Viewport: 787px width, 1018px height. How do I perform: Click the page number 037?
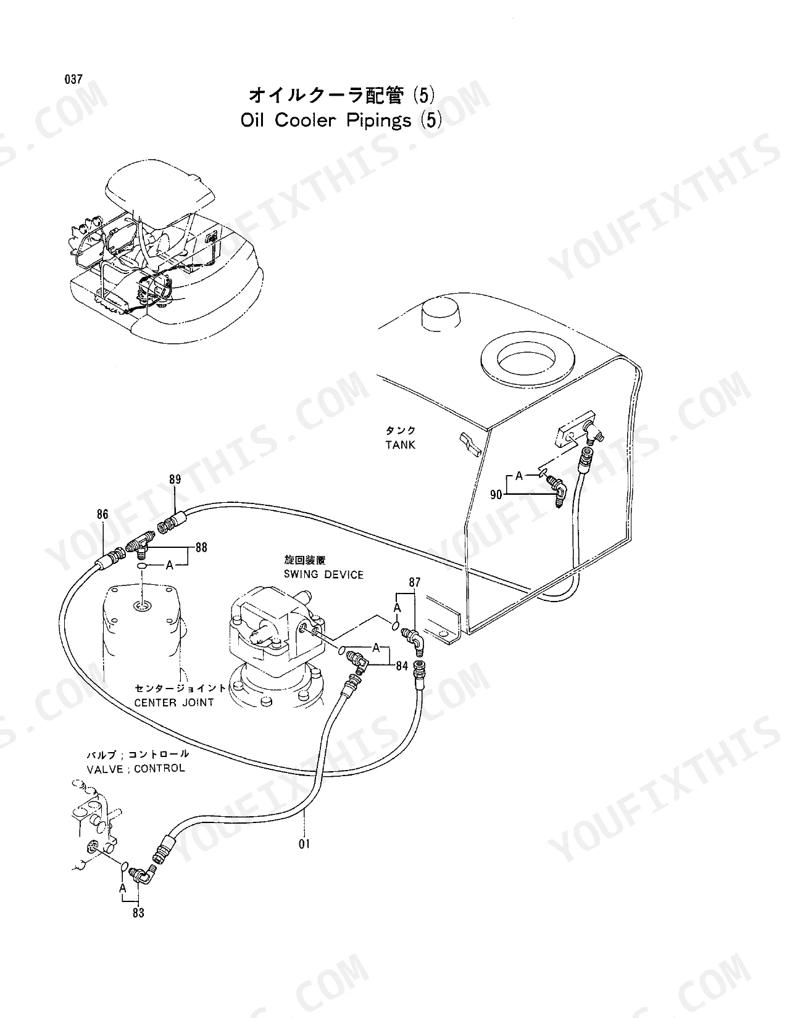[x=73, y=79]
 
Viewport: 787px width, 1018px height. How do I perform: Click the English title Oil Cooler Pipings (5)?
[x=341, y=120]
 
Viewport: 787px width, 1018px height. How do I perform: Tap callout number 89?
[x=175, y=479]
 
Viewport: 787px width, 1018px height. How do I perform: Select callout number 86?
[x=102, y=514]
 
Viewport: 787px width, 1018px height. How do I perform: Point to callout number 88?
[x=201, y=547]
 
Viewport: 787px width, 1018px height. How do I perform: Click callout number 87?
[x=414, y=582]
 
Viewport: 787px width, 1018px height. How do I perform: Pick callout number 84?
[x=402, y=666]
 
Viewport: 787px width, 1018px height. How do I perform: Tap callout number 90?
[x=496, y=494]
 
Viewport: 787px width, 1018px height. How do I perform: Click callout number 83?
[x=138, y=912]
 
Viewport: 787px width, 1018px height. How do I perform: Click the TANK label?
[x=401, y=445]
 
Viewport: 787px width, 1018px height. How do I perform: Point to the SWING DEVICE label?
[x=323, y=574]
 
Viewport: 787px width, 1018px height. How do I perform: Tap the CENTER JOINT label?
[x=174, y=702]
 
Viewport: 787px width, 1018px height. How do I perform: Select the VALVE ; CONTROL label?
[x=136, y=768]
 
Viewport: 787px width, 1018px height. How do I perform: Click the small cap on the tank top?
[x=441, y=314]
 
